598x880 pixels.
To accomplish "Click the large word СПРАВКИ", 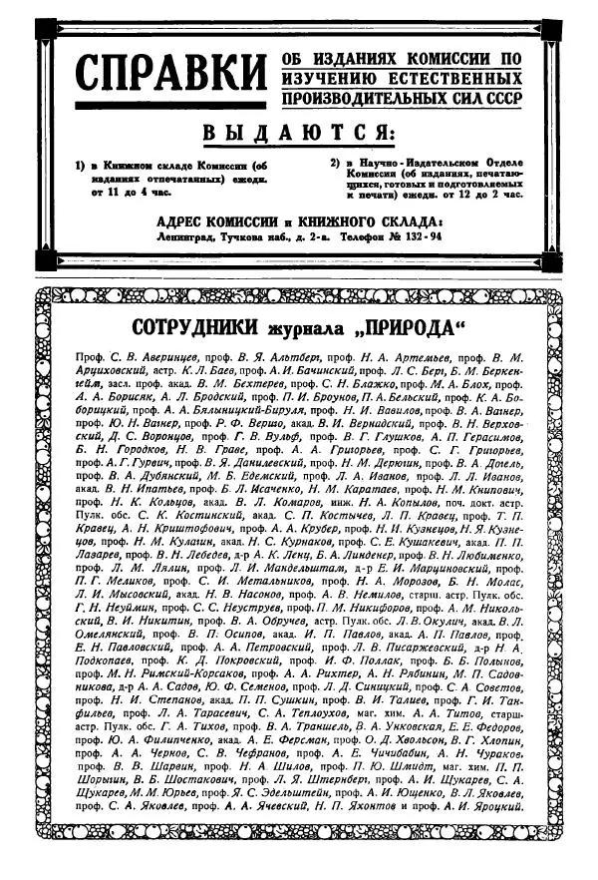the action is click(171, 77).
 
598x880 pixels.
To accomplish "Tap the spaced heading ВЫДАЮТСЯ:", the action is click(298, 134).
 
